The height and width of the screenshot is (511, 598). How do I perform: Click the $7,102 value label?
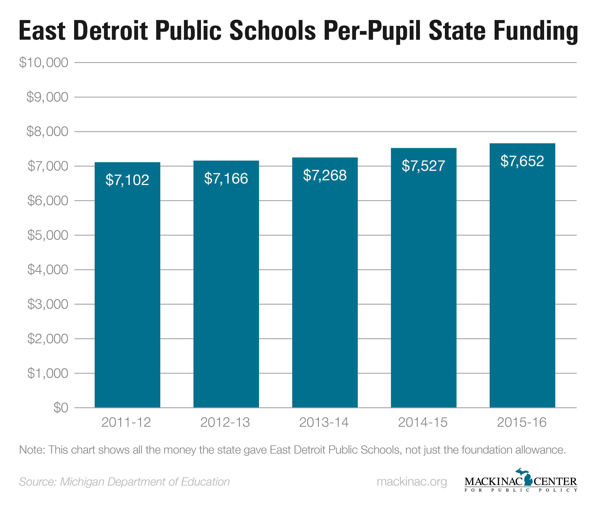[x=127, y=180]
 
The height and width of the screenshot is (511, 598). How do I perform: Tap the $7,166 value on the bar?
[x=226, y=178]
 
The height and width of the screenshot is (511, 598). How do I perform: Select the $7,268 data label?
[x=325, y=175]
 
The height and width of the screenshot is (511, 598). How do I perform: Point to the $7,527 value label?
[x=423, y=166]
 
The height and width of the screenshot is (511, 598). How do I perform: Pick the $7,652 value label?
[x=522, y=161]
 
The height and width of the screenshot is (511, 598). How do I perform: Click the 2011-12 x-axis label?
[x=126, y=422]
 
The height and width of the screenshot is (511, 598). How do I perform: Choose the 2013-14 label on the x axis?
[x=324, y=422]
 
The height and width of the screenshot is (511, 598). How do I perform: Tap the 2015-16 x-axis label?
[x=522, y=422]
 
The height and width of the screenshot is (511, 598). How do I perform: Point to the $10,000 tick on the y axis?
[x=44, y=63]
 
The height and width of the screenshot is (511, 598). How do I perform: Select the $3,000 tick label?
[x=48, y=304]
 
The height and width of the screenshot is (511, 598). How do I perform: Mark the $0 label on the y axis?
[x=61, y=408]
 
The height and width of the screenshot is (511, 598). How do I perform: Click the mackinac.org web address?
[x=412, y=482]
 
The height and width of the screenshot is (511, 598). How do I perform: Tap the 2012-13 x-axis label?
[x=225, y=422]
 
